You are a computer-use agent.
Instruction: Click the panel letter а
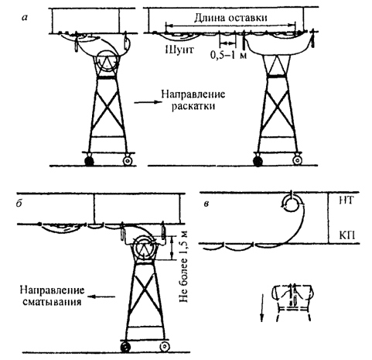25,18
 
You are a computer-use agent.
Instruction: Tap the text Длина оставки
230,18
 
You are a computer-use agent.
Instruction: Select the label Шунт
179,50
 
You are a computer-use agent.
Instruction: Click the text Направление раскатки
193,100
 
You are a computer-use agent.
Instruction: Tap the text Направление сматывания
53,296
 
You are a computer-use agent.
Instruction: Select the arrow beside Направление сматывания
102,297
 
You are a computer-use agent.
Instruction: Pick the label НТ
346,201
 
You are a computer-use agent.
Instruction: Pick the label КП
346,236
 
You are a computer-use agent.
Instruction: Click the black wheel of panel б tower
125,346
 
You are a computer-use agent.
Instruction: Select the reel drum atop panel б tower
144,249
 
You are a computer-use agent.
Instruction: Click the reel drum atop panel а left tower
108,61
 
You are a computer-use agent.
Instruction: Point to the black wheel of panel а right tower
258,161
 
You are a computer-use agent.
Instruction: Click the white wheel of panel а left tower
128,160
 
